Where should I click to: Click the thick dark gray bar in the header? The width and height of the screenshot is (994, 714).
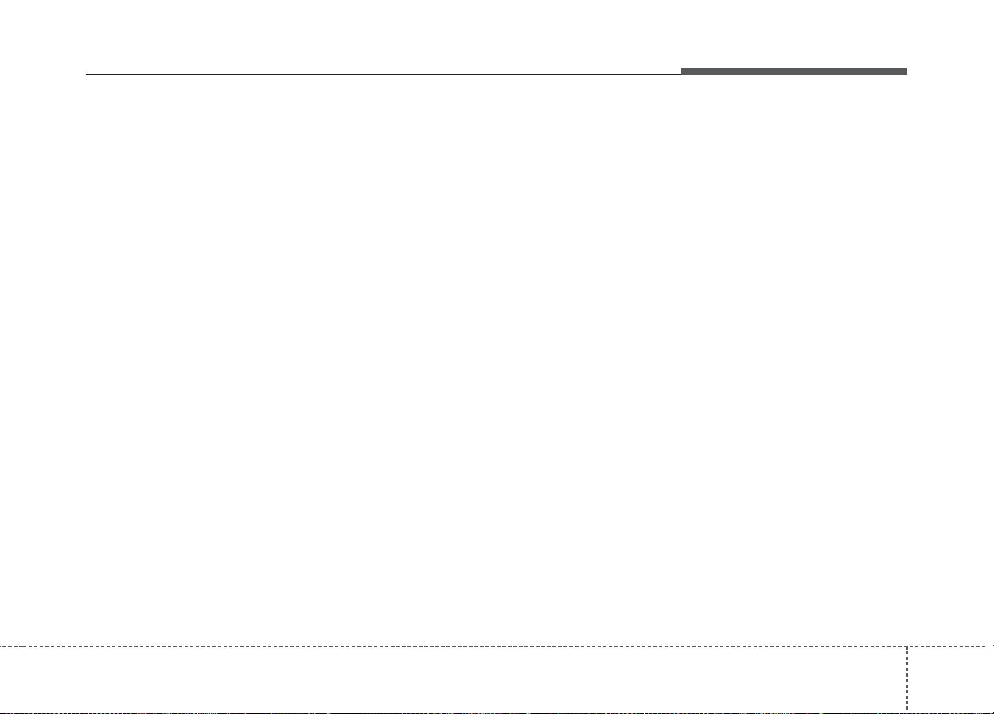click(x=793, y=72)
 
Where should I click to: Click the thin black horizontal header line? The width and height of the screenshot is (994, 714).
click(x=382, y=75)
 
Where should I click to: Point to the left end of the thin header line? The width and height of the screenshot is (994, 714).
click(x=86, y=75)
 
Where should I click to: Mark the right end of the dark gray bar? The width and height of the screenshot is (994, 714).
click(x=906, y=72)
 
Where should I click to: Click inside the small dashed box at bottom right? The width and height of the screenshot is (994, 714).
click(x=950, y=679)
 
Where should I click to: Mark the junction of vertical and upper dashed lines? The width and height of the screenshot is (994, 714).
click(x=906, y=646)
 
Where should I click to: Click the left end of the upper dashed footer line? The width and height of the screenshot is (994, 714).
click(x=1, y=646)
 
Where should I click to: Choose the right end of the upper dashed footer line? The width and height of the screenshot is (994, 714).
click(x=992, y=646)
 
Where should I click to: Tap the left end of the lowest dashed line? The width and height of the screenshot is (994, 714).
click(x=1, y=712)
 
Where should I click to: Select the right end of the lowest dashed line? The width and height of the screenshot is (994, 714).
click(x=992, y=712)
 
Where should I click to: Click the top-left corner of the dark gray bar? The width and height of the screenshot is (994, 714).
click(x=681, y=68)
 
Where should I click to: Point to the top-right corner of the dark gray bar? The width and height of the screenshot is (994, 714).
click(x=906, y=68)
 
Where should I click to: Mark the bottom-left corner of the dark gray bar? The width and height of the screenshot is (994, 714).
click(x=681, y=75)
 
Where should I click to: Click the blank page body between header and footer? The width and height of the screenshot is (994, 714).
click(x=497, y=358)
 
